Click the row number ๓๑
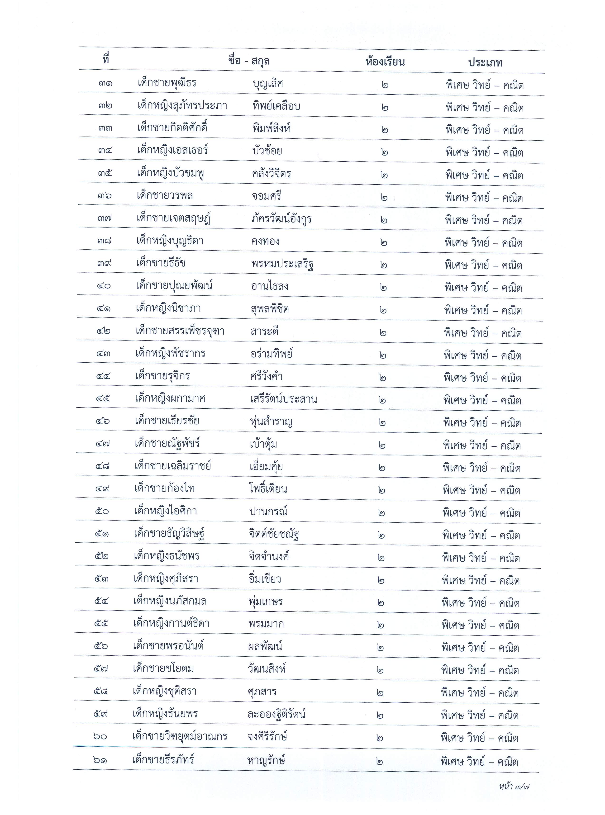coord(105,84)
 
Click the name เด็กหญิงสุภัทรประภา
coord(182,106)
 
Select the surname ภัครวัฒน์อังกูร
coord(281,219)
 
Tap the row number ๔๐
coord(104,286)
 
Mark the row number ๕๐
coord(102,511)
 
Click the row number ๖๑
coord(100,760)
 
